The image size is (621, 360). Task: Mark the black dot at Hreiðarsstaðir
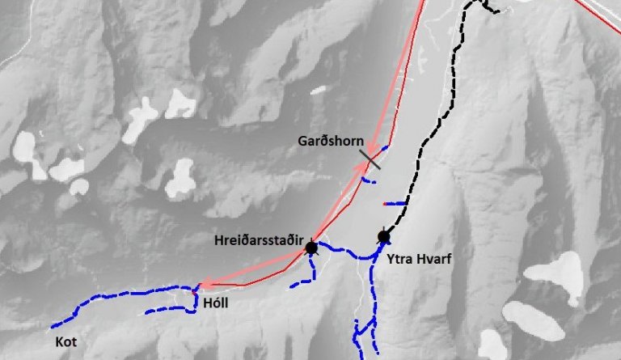[x=311, y=248]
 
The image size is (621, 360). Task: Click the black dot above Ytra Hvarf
[x=384, y=237]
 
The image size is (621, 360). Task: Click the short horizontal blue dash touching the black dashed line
[x=395, y=203]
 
